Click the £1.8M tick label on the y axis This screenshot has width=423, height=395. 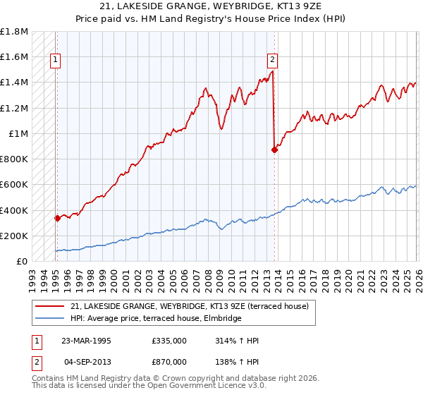(14, 32)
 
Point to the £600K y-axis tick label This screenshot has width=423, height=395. (14, 185)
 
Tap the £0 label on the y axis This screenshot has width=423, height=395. (21, 262)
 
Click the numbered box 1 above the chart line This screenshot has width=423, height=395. (56, 61)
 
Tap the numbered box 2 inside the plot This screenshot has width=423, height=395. (272, 61)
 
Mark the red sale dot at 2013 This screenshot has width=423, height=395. (275, 150)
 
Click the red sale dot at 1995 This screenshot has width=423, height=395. (57, 219)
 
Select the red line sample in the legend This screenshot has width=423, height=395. (51, 306)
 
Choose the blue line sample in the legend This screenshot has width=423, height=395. (51, 319)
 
